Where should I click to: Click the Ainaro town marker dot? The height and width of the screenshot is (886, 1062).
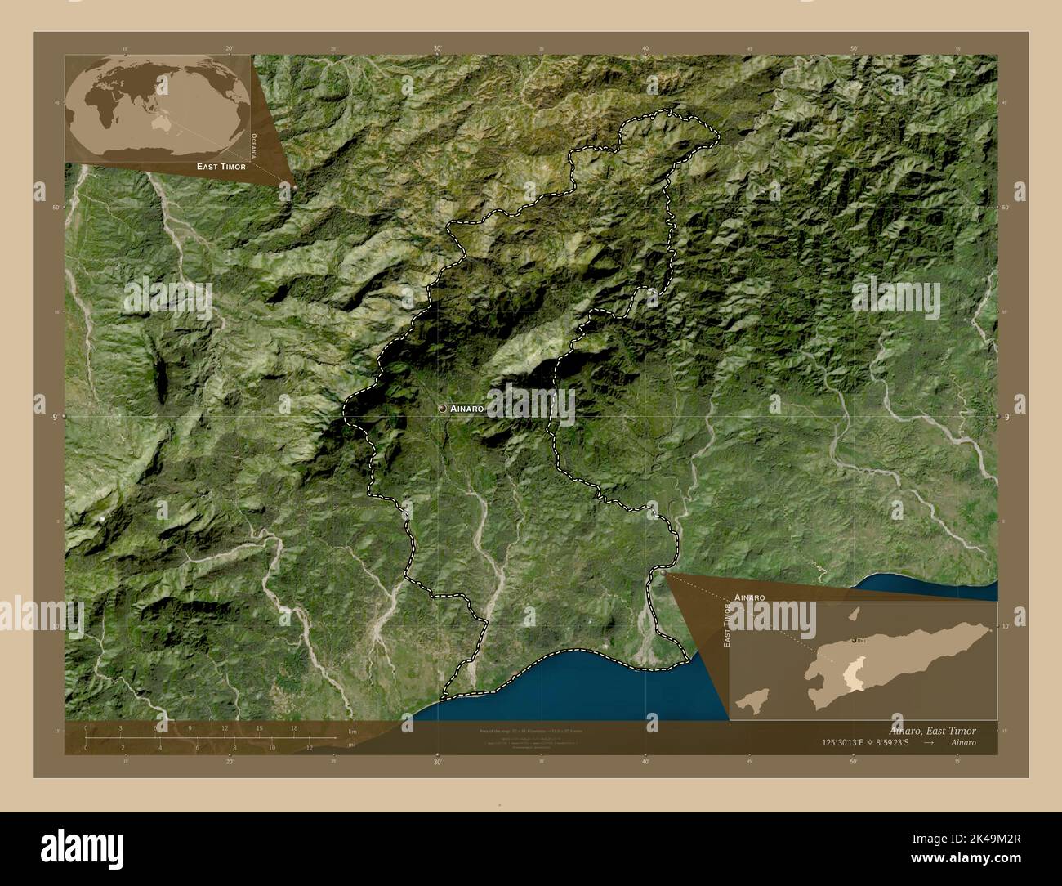tap(442, 407)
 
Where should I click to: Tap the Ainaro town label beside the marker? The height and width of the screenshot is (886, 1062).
tap(469, 407)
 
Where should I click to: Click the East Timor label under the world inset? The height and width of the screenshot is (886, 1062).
tap(221, 167)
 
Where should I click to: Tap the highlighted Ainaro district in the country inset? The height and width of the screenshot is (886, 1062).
tap(855, 673)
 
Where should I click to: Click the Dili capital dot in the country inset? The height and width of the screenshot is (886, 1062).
tap(853, 640)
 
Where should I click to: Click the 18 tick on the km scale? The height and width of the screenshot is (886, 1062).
tap(294, 727)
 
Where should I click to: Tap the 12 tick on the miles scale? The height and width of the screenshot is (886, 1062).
tap(310, 747)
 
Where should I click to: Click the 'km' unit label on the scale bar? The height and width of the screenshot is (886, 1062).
tap(352, 732)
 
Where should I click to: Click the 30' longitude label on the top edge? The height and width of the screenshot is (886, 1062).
tap(438, 49)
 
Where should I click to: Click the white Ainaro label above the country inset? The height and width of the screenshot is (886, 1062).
tap(749, 597)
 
